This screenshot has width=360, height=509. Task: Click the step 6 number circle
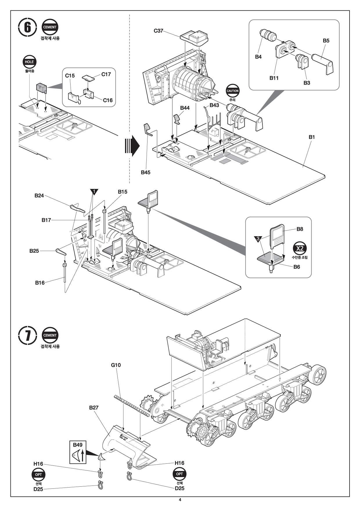(27, 28)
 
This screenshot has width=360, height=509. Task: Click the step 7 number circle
(27, 335)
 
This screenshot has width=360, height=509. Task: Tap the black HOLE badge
(29, 62)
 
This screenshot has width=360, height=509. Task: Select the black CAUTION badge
(233, 91)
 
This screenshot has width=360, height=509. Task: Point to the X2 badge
(300, 248)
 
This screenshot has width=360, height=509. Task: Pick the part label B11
(274, 78)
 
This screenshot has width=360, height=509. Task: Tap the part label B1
(312, 137)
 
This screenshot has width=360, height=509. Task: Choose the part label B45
(146, 172)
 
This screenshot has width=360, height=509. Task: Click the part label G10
(116, 365)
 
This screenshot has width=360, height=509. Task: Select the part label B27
(94, 407)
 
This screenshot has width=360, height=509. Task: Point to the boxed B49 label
(78, 452)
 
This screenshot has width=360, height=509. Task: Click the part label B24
(39, 196)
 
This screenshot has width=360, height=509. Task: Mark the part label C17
(106, 74)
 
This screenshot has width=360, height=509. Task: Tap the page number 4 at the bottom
(180, 500)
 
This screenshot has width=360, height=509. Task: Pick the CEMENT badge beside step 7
(50, 335)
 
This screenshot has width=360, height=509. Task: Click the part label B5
(326, 41)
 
